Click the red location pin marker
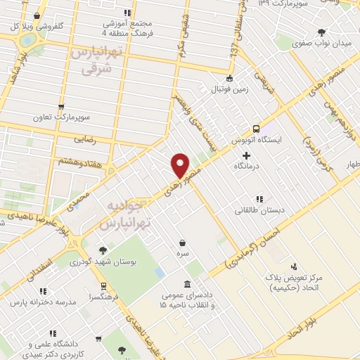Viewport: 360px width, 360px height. pyautogui.click(x=181, y=165)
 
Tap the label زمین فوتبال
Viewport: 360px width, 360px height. pyautogui.click(x=229, y=90)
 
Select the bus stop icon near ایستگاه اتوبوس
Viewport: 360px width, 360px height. pyautogui.click(x=255, y=129)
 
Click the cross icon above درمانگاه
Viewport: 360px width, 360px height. pyautogui.click(x=246, y=154)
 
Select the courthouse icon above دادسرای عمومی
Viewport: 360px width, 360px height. pyautogui.click(x=187, y=284)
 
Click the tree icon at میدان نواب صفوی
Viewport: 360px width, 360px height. pyautogui.click(x=322, y=32)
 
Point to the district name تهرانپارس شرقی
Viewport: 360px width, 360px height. pyautogui.click(x=92, y=61)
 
